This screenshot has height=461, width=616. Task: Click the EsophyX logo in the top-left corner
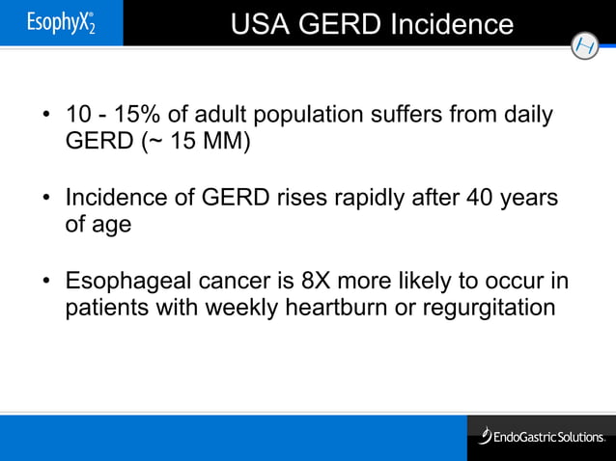(61, 23)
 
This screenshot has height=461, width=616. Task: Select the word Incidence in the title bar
(452, 23)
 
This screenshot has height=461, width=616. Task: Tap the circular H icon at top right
(584, 45)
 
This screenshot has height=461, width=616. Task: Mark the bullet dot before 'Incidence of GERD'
(45, 201)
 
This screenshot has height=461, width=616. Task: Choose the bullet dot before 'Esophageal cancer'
(45, 284)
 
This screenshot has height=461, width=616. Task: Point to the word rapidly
(374, 199)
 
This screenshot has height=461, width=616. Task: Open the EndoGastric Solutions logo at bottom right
(543, 437)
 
